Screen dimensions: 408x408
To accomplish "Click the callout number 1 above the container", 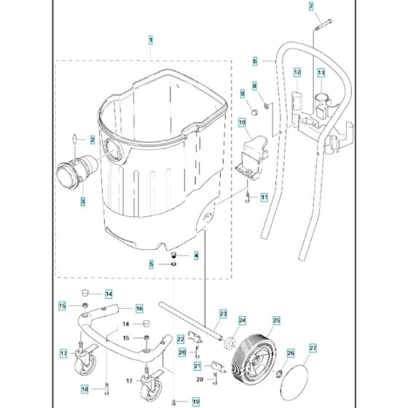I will click(150, 38).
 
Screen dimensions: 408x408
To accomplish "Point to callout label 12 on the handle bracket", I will click(297, 73).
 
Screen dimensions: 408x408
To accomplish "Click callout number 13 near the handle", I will click(321, 73).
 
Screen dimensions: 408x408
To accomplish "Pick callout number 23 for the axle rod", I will click(224, 314).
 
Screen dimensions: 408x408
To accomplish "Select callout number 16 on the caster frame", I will click(138, 309).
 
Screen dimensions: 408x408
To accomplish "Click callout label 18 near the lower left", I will click(85, 390).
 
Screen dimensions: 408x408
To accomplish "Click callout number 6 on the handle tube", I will click(275, 61).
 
